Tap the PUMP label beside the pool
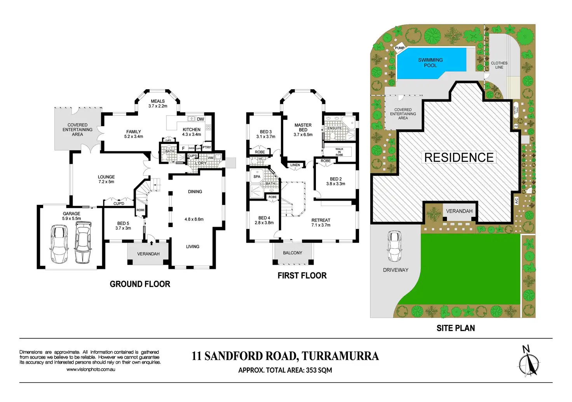pos(399,48)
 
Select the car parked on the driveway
pos(394,246)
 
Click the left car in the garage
pos(59,244)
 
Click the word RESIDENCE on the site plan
pos(459,158)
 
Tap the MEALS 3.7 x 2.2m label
pos(158,104)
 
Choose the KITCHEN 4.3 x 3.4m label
pos(192,132)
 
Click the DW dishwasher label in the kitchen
pos(201,119)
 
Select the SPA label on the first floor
pos(257,177)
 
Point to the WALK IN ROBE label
pos(339,152)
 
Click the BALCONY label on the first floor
pos(293,253)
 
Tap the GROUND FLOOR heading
pos(140,284)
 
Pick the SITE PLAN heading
pos(455,328)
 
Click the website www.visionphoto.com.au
pos(91,369)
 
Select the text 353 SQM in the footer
pos(319,370)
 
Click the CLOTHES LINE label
pos(499,65)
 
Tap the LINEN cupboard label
pos(295,165)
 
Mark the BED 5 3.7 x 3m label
pos(123,226)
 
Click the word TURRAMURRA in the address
pos(340,356)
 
